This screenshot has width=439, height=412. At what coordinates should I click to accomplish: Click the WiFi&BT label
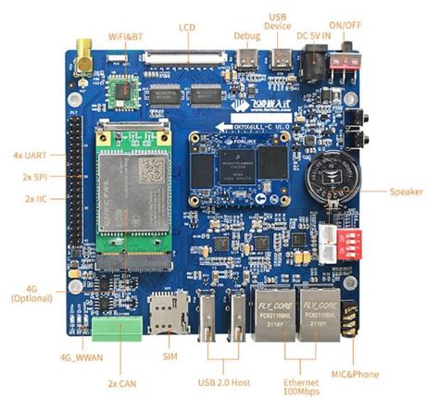[x=124, y=36]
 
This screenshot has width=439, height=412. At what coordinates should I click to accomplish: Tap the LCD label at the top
[x=188, y=29]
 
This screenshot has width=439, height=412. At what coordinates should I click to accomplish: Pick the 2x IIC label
[x=34, y=198]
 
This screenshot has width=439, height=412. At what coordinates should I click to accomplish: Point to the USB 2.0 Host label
[x=223, y=381]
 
